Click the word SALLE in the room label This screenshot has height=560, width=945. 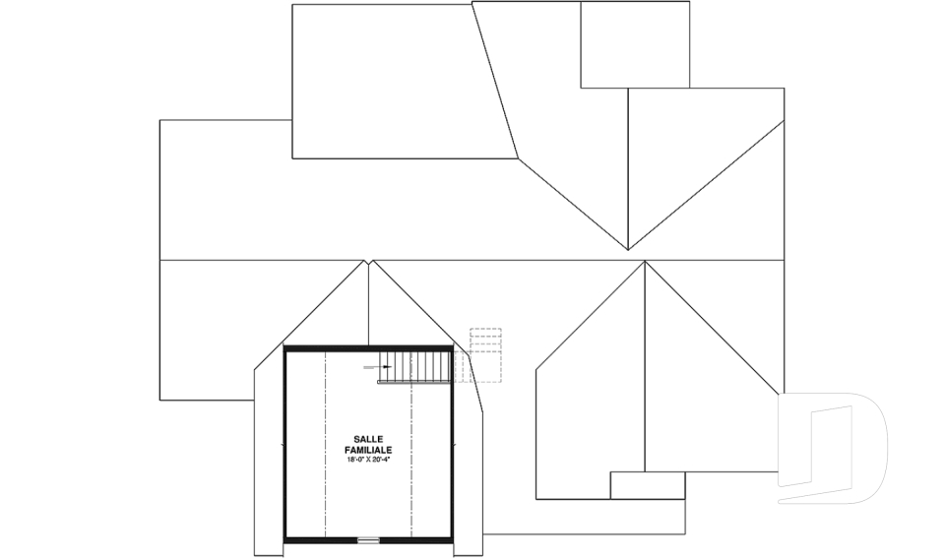coord(368,440)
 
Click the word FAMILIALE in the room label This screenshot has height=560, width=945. coord(368,451)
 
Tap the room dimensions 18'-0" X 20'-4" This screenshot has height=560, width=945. coord(368,460)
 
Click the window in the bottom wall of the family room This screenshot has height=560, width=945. coord(368,539)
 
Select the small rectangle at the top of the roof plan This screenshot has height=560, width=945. coord(635,44)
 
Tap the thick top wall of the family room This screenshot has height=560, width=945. coord(368,348)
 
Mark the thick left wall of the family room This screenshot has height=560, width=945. coord(285,444)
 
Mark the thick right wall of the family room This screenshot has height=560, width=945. coord(452,444)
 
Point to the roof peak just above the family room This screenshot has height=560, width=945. coord(368,261)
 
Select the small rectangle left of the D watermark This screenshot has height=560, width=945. coord(648,485)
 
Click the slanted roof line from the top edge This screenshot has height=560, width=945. coord(495,80)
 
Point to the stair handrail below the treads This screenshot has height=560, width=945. coord(414,382)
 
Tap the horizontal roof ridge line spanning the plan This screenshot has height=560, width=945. coord(472,261)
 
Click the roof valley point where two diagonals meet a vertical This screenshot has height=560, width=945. coord(628,250)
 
